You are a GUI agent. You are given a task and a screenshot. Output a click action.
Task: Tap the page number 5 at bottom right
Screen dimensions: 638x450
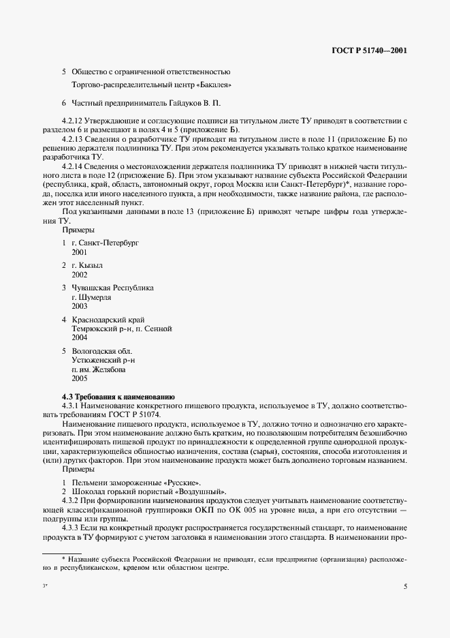pos(404,586)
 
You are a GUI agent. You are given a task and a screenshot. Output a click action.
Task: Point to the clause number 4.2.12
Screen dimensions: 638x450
pos(73,121)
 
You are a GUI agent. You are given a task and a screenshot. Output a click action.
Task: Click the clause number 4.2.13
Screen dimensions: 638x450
pos(73,139)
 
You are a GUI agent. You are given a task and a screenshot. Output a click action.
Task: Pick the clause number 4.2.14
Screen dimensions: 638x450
pos(73,166)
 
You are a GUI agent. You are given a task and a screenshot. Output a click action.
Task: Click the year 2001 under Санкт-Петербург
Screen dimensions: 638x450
pos(80,252)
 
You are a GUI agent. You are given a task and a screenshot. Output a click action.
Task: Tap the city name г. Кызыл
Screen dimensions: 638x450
pos(86,265)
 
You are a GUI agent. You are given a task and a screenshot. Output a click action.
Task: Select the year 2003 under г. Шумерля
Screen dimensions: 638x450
pos(80,306)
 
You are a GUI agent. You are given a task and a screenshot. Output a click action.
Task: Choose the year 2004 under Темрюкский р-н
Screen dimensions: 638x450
pos(80,337)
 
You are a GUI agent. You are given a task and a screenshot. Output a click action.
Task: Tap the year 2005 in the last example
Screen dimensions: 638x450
pos(80,378)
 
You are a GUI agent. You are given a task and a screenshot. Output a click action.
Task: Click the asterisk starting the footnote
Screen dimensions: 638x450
pos(63,558)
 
